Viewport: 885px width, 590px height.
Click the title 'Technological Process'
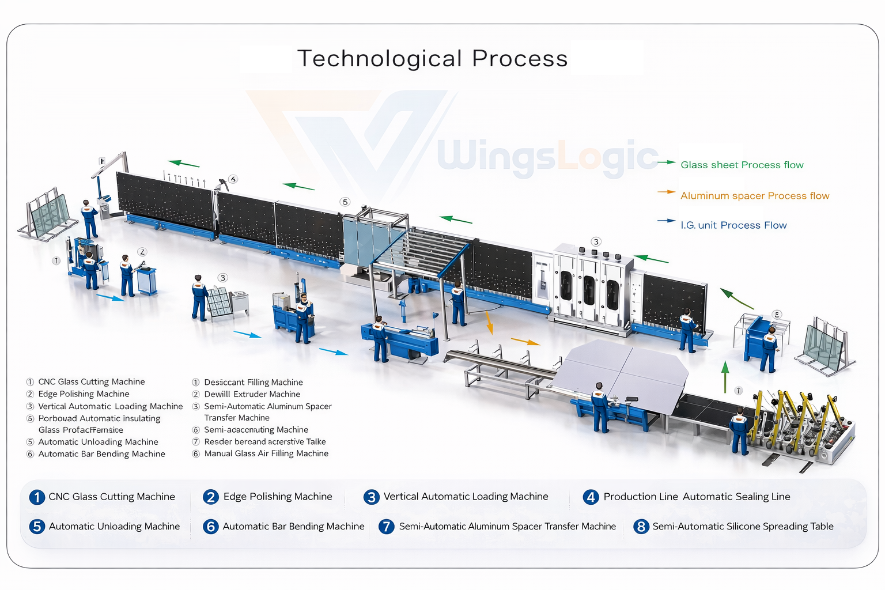pyautogui.click(x=432, y=59)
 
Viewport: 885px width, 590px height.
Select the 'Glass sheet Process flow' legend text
pyautogui.click(x=742, y=165)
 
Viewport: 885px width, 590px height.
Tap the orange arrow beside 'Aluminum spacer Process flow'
pyautogui.click(x=666, y=192)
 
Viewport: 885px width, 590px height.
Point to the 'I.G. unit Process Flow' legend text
pyautogui.click(x=733, y=225)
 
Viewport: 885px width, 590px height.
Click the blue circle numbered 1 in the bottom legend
pyautogui.click(x=37, y=497)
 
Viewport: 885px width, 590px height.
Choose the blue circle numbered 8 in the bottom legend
pyautogui.click(x=641, y=527)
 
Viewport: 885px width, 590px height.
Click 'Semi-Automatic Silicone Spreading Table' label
pyautogui.click(x=743, y=527)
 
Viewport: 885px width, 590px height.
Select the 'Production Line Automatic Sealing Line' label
pyautogui.click(x=697, y=497)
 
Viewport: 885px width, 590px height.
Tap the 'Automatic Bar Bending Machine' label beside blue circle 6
pyautogui.click(x=293, y=527)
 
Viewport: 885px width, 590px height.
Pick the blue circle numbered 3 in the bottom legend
pyautogui.click(x=372, y=497)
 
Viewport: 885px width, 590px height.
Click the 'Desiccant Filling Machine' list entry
pyautogui.click(x=253, y=382)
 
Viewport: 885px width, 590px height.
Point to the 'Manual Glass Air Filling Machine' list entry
pyautogui.click(x=266, y=453)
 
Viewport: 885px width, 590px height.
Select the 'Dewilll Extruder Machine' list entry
pyautogui.click(x=252, y=394)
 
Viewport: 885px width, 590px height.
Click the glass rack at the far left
pyautogui.click(x=47, y=214)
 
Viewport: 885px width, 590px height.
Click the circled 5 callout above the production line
pyautogui.click(x=345, y=202)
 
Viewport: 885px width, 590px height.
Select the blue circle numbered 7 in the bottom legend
pyautogui.click(x=386, y=527)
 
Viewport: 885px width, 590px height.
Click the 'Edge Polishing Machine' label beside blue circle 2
pyautogui.click(x=278, y=497)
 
